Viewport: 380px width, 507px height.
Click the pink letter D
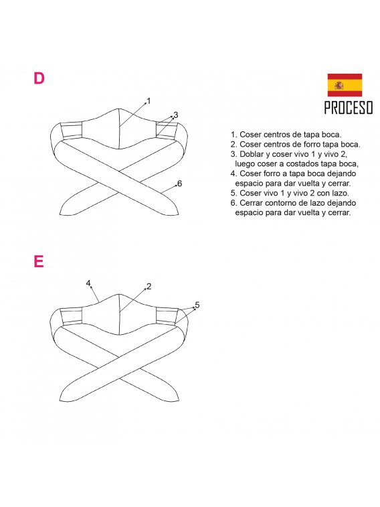39,78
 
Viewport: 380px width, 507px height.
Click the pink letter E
38,261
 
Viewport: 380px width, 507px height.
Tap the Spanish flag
345,85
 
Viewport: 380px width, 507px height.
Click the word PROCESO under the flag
349,108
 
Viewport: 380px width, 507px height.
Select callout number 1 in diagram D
149,101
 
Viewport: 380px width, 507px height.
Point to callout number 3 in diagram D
176,115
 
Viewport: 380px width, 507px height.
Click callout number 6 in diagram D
180,184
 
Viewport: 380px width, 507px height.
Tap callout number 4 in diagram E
88,283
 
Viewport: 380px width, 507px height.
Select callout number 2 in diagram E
149,286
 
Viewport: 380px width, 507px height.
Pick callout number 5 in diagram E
197,305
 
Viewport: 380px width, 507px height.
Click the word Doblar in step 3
252,154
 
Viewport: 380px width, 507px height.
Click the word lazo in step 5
341,193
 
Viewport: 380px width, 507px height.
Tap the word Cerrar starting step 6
251,203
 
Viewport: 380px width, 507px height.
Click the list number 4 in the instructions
233,173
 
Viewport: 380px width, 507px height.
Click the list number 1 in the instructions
233,134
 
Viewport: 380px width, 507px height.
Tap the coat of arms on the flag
339,85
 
